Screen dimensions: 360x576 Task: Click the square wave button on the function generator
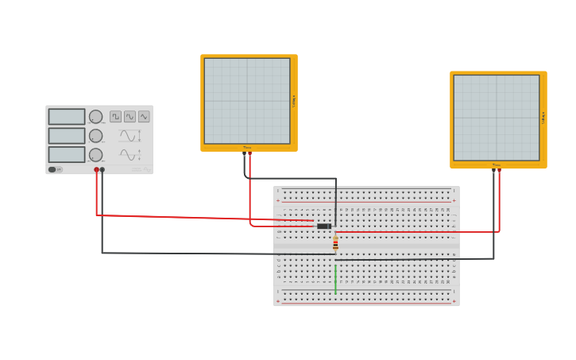pos(116,117)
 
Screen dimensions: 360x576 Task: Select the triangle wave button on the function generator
pos(144,117)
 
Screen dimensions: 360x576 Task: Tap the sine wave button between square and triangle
pos(130,117)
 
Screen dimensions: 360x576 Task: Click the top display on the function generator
pos(67,117)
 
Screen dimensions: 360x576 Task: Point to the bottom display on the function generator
pos(67,154)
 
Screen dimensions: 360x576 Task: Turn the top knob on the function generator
pos(95,117)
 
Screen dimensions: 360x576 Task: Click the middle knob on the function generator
pos(95,136)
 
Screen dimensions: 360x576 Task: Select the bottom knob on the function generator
pos(95,154)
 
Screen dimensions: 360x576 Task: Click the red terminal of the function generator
pos(97,169)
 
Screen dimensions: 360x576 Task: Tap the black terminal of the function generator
pos(102,169)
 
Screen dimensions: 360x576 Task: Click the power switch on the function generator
pos(52,169)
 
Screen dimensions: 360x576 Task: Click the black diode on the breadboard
pos(323,226)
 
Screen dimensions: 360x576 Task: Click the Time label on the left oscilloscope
pos(247,148)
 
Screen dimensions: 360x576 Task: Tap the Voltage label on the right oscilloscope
pos(543,118)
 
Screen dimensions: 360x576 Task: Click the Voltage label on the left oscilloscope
pos(294,101)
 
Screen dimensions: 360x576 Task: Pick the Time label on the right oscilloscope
pos(497,165)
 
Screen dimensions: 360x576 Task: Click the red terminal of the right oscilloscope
pos(499,170)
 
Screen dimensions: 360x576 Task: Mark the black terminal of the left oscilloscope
pos(244,153)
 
